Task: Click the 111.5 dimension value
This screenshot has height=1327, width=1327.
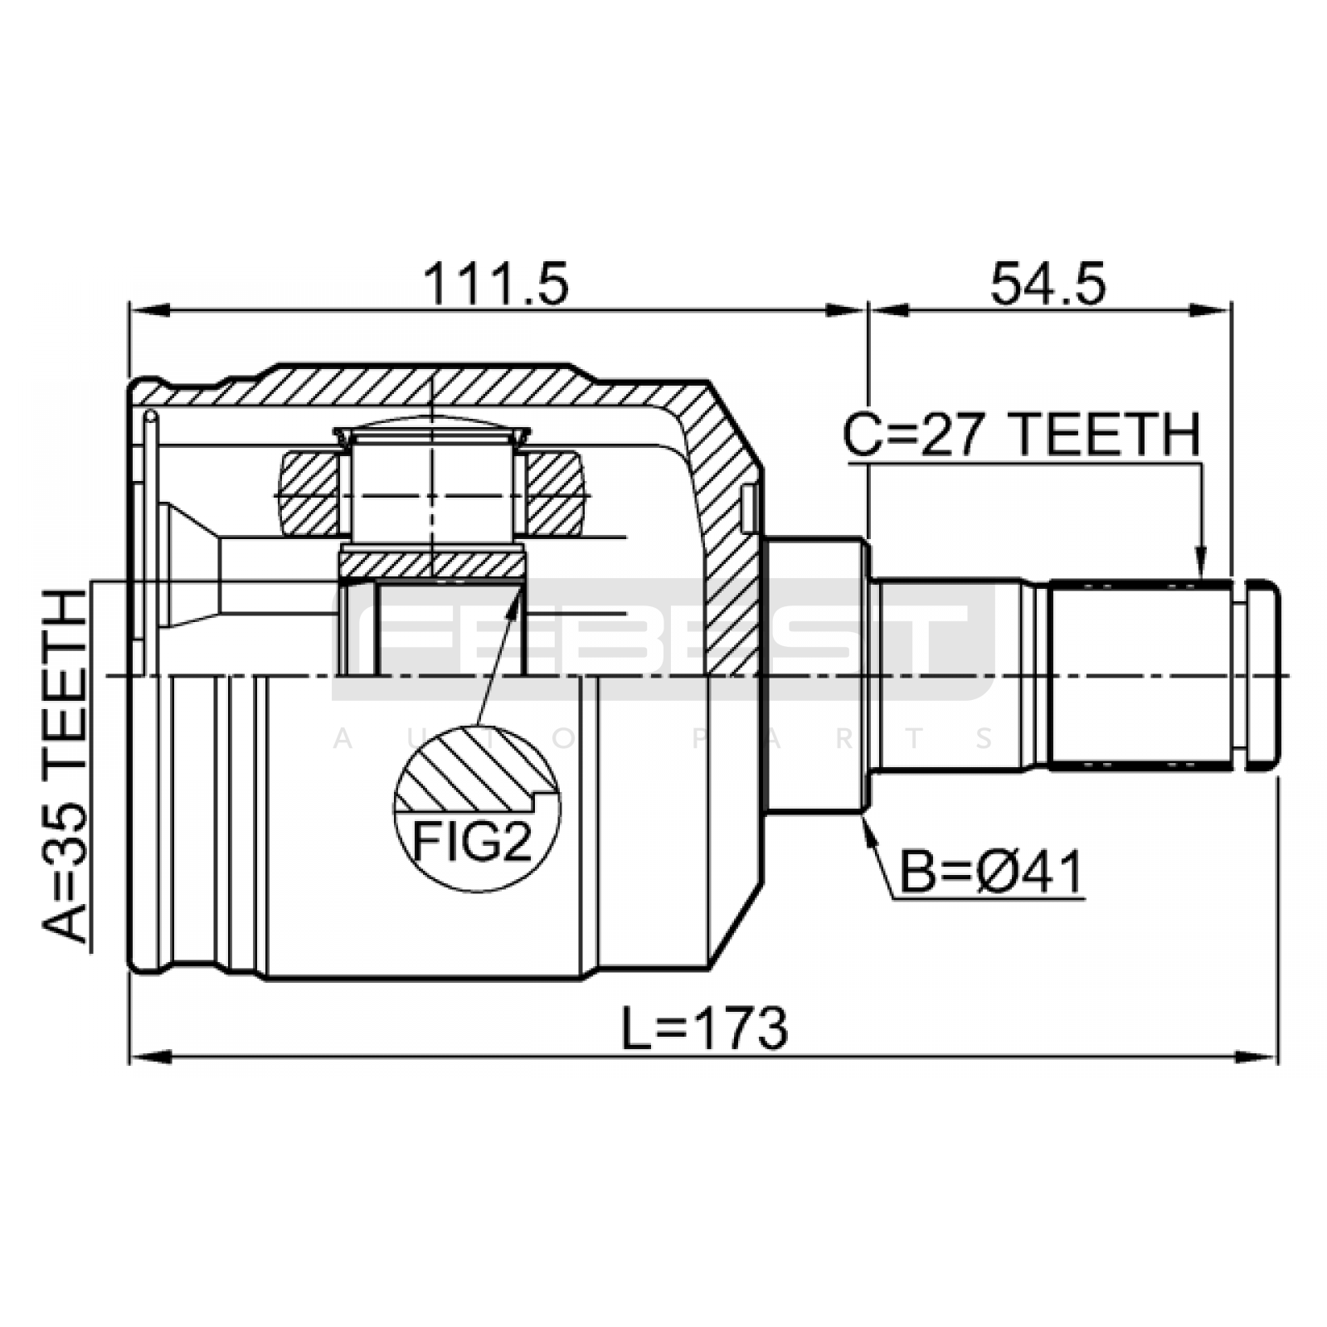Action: click(496, 284)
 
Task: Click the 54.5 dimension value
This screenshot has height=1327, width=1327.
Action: click(1048, 284)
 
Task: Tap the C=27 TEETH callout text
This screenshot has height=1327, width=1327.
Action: click(1022, 435)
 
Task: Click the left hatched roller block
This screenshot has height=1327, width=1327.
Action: click(310, 493)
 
